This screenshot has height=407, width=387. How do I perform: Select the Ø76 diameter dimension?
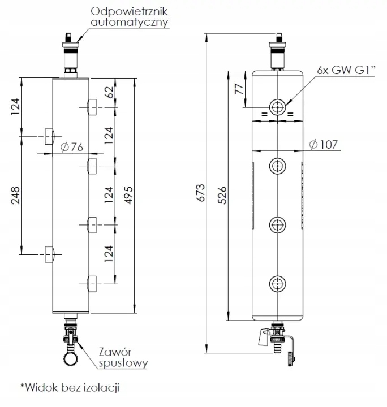pyautogui.click(x=71, y=147)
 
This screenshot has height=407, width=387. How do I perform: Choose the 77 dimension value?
pyautogui.click(x=238, y=89)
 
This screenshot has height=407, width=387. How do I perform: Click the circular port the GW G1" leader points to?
pyautogui.click(x=277, y=106)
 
